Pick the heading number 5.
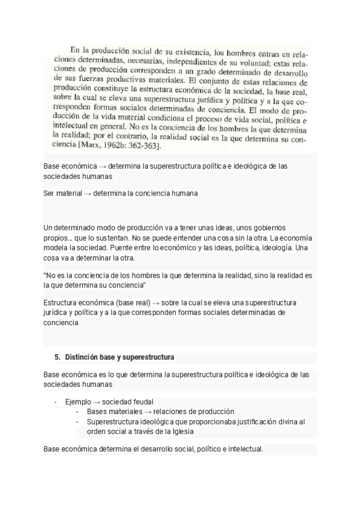(x=58, y=357)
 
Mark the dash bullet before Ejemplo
(x=56, y=402)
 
